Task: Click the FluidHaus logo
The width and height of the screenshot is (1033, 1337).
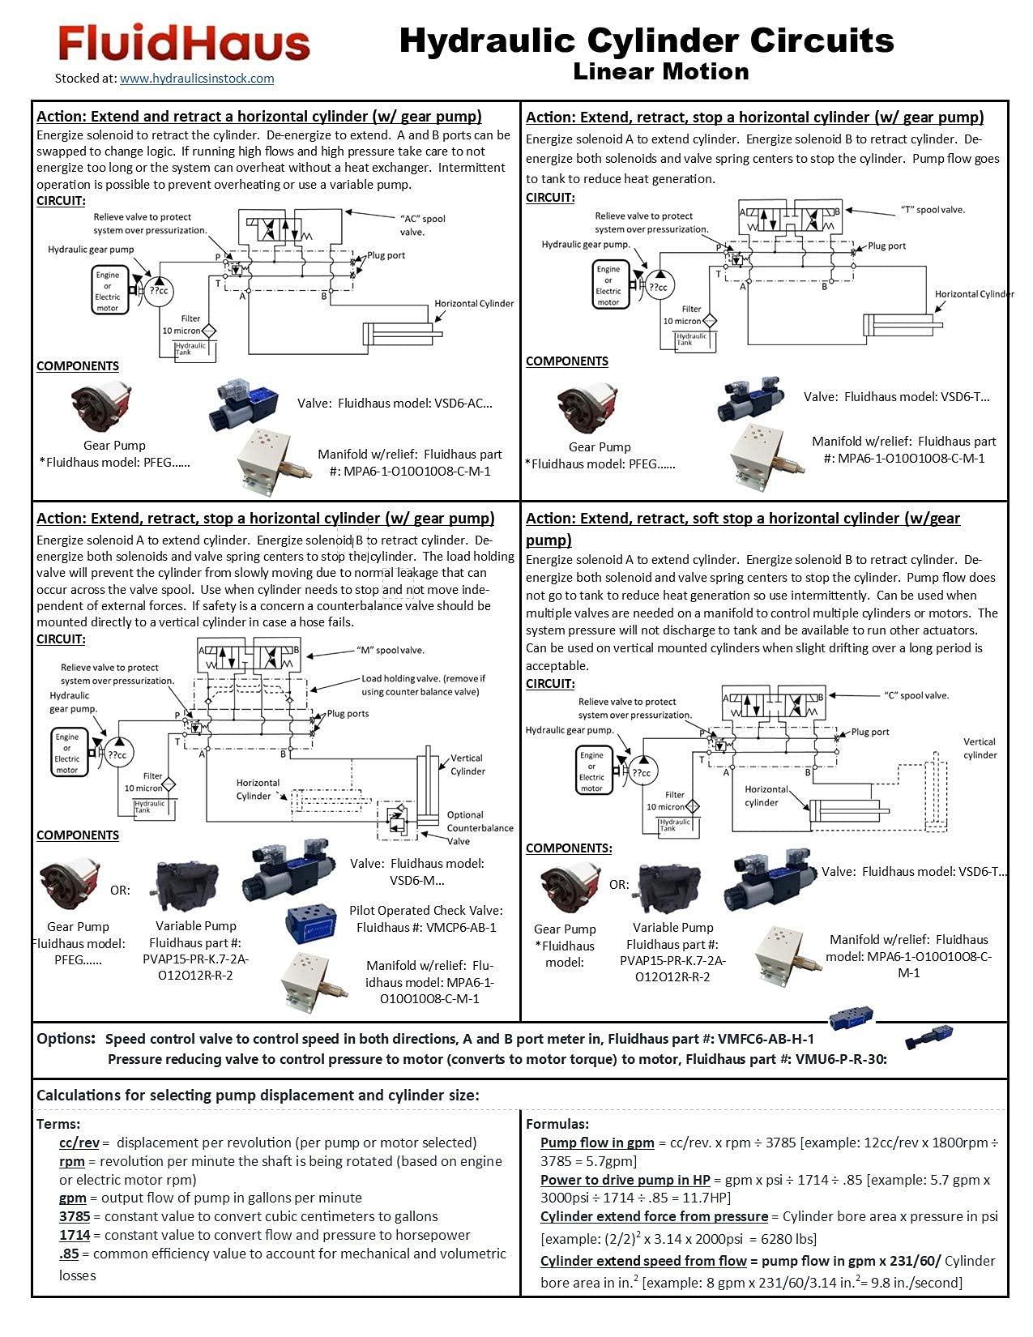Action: [x=184, y=43]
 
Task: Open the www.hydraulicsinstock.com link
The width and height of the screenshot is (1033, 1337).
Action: [x=197, y=79]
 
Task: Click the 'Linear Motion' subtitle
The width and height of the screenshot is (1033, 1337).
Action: [x=660, y=71]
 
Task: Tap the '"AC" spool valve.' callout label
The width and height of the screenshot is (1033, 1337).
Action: [x=422, y=225]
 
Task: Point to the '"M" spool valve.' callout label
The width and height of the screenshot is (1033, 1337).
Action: [x=390, y=650]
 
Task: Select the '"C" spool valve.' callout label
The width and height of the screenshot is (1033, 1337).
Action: [x=916, y=695]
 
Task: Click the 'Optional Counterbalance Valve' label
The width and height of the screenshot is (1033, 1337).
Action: [x=480, y=827]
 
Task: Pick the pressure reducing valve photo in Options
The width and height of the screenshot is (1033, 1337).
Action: [x=928, y=1037]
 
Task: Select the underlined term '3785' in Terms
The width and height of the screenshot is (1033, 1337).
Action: [x=75, y=1216]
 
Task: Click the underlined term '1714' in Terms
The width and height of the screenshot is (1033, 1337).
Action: [x=75, y=1235]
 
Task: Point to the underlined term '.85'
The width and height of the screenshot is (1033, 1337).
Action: [x=69, y=1254]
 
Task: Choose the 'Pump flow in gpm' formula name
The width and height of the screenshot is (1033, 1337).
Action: [x=597, y=1143]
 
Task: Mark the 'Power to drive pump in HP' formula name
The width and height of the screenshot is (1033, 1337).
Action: [x=625, y=1180]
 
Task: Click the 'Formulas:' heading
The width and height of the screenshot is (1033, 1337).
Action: [x=557, y=1124]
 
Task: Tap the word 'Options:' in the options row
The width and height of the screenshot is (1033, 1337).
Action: [x=66, y=1039]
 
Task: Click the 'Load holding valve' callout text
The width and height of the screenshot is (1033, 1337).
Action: [x=423, y=685]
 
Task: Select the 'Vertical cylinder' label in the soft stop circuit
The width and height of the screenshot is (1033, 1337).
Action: [x=980, y=748]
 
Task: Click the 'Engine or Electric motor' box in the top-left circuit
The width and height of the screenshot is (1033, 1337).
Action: [x=108, y=291]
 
